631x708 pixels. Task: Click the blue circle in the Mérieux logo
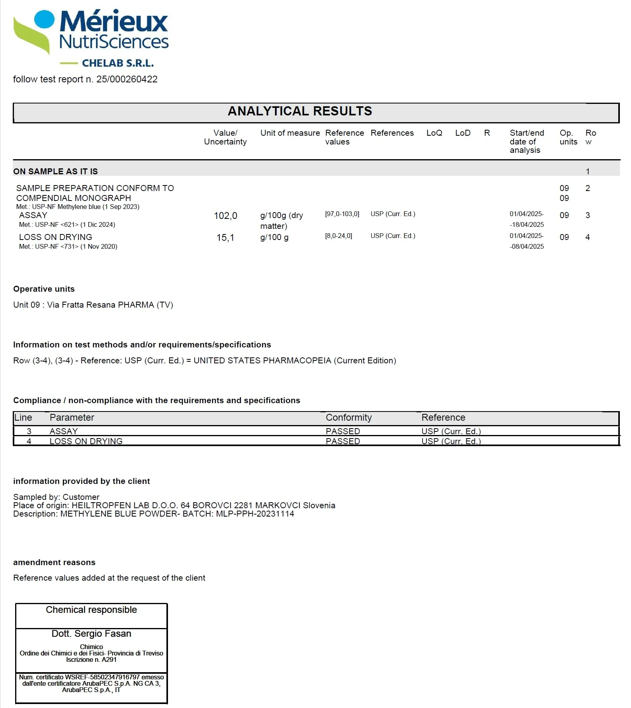[x=44, y=20]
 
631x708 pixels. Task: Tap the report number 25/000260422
[x=127, y=79]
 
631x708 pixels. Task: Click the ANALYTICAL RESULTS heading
[x=300, y=111]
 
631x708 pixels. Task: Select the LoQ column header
[x=434, y=133]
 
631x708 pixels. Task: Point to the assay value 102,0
[x=225, y=216]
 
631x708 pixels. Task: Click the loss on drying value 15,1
[x=225, y=238]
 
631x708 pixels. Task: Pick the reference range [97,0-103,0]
[x=342, y=214]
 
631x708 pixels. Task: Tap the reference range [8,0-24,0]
[x=338, y=236]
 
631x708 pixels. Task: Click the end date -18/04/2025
[x=527, y=224]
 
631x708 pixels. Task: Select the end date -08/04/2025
[x=527, y=246]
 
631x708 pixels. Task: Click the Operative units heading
[x=44, y=289]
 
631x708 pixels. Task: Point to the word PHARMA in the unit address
[x=136, y=305]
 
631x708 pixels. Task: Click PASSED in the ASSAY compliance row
[x=343, y=431]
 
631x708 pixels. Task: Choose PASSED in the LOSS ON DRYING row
[x=343, y=441]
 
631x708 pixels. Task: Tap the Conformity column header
[x=348, y=417]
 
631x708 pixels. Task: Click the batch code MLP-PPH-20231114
[x=255, y=514]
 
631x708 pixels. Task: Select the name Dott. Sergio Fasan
[x=91, y=634]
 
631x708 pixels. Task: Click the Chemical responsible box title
[x=91, y=610]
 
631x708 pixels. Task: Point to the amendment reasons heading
[x=54, y=562]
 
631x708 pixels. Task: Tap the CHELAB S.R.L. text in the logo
[x=117, y=63]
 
